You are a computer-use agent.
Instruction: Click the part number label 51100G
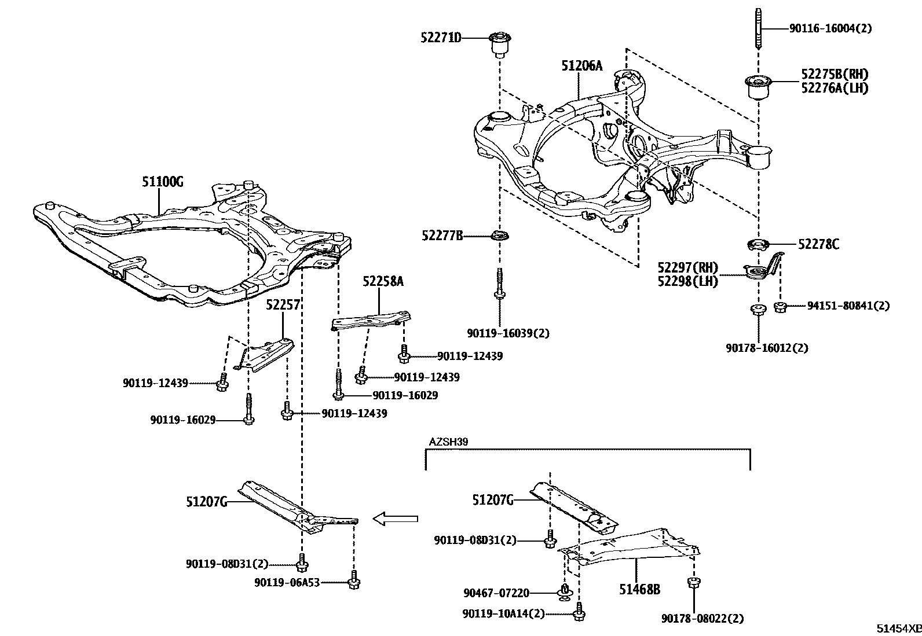coord(162,182)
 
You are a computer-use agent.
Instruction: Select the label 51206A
coord(581,65)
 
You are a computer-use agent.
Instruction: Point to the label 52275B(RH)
coord(835,74)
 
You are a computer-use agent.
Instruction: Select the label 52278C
coord(818,244)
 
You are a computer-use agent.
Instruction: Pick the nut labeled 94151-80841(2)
coord(780,306)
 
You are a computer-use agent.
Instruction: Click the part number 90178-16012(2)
coord(766,348)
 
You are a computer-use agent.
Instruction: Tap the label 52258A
coord(383,281)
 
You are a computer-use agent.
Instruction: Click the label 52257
coord(283,305)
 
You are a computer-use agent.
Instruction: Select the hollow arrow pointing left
coord(396,519)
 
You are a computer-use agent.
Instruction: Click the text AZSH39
coord(448,442)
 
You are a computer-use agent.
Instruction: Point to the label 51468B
coord(639,589)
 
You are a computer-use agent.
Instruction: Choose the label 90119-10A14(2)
coord(503,613)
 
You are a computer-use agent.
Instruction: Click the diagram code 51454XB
coord(897,628)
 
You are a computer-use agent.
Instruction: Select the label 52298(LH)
coord(687,282)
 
